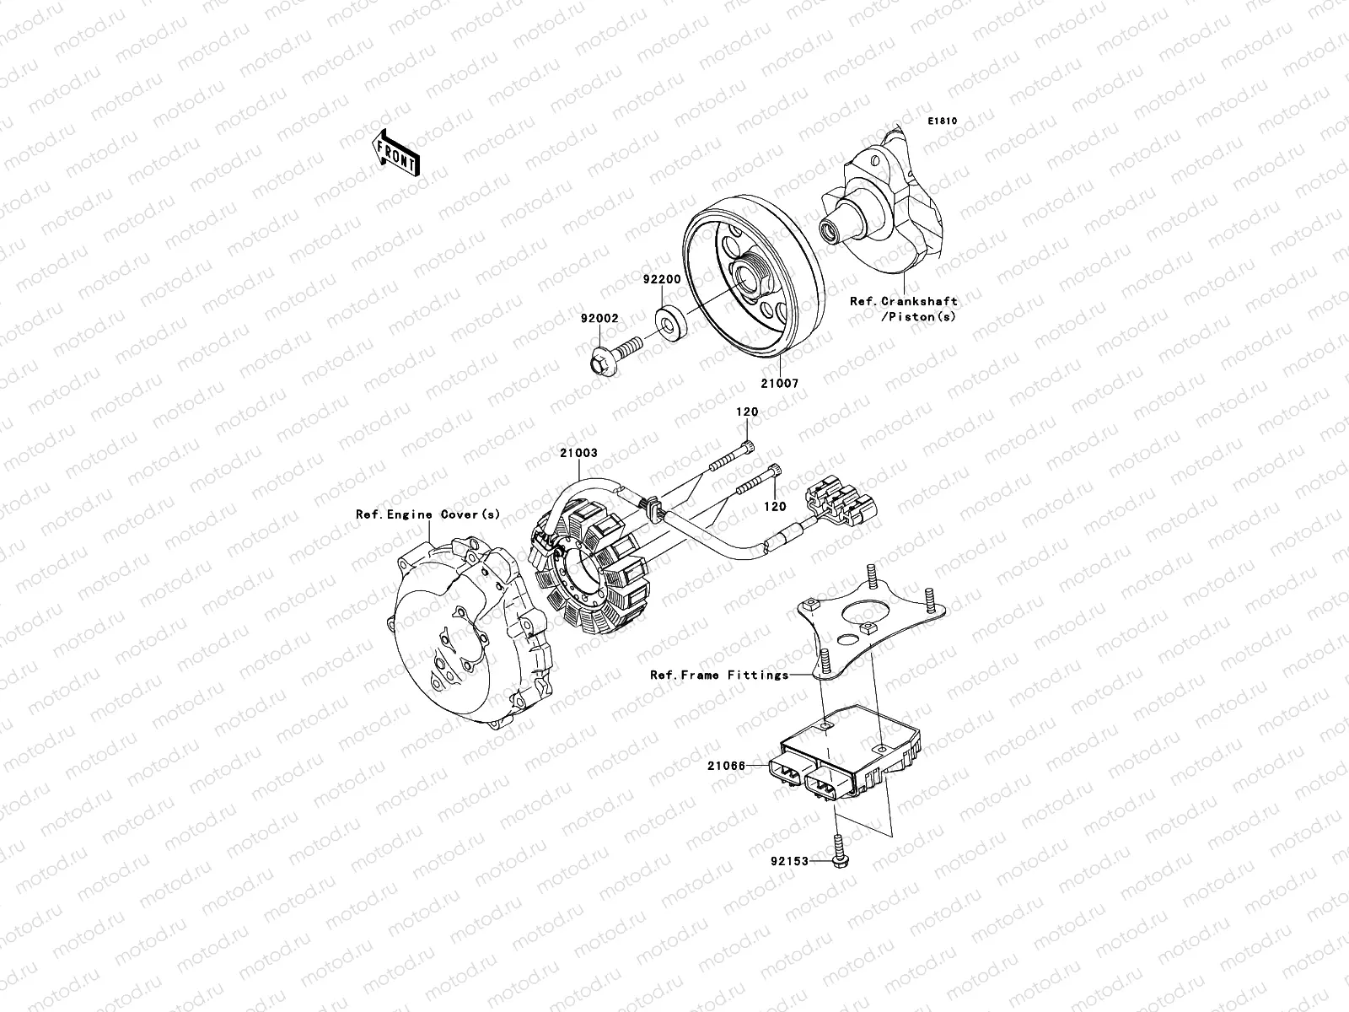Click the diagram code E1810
(x=943, y=121)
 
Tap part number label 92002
(x=599, y=319)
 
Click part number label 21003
(x=578, y=453)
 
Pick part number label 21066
(x=726, y=765)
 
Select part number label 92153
(x=788, y=861)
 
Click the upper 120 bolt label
(x=747, y=412)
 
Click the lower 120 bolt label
(x=775, y=507)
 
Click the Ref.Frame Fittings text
(x=718, y=675)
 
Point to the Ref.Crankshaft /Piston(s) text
(x=903, y=309)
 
